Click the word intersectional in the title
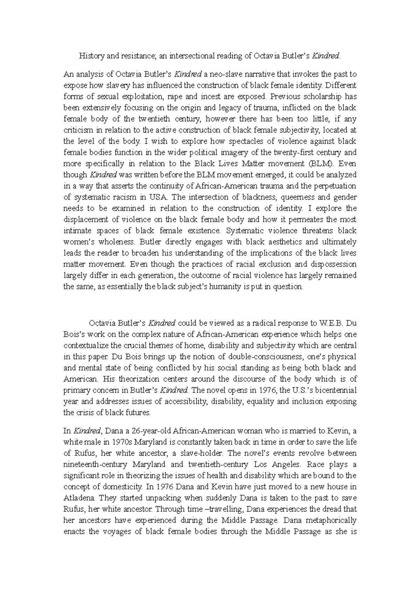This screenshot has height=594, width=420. point(187,56)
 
